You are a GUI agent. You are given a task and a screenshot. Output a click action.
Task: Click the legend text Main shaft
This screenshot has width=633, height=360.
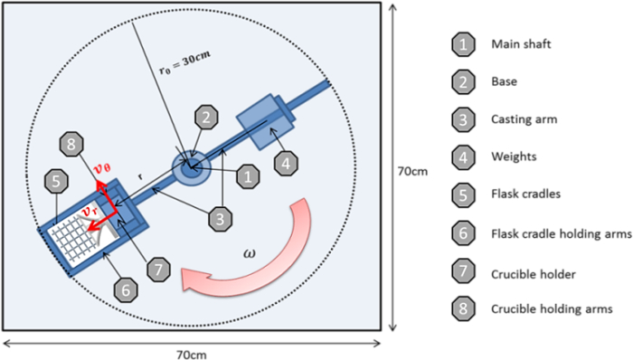click(521, 44)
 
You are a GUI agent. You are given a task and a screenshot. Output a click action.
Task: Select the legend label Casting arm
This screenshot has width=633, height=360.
click(524, 119)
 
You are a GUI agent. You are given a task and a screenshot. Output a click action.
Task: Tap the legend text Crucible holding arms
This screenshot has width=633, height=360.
click(552, 309)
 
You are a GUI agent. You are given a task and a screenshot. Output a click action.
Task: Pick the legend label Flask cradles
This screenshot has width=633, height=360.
click(525, 194)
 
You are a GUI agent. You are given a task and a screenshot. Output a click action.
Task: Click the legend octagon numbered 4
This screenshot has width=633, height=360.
click(463, 157)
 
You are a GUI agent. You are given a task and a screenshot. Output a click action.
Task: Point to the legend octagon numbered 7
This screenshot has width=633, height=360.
click(463, 271)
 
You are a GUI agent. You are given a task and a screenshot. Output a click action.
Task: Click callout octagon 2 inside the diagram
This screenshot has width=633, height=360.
click(206, 117)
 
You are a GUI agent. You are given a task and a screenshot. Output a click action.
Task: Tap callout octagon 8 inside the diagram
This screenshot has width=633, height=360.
click(71, 144)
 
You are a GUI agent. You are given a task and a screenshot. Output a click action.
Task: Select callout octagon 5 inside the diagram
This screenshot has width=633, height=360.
click(56, 181)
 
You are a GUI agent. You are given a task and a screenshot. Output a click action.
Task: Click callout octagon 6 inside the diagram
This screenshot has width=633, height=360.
click(126, 289)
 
